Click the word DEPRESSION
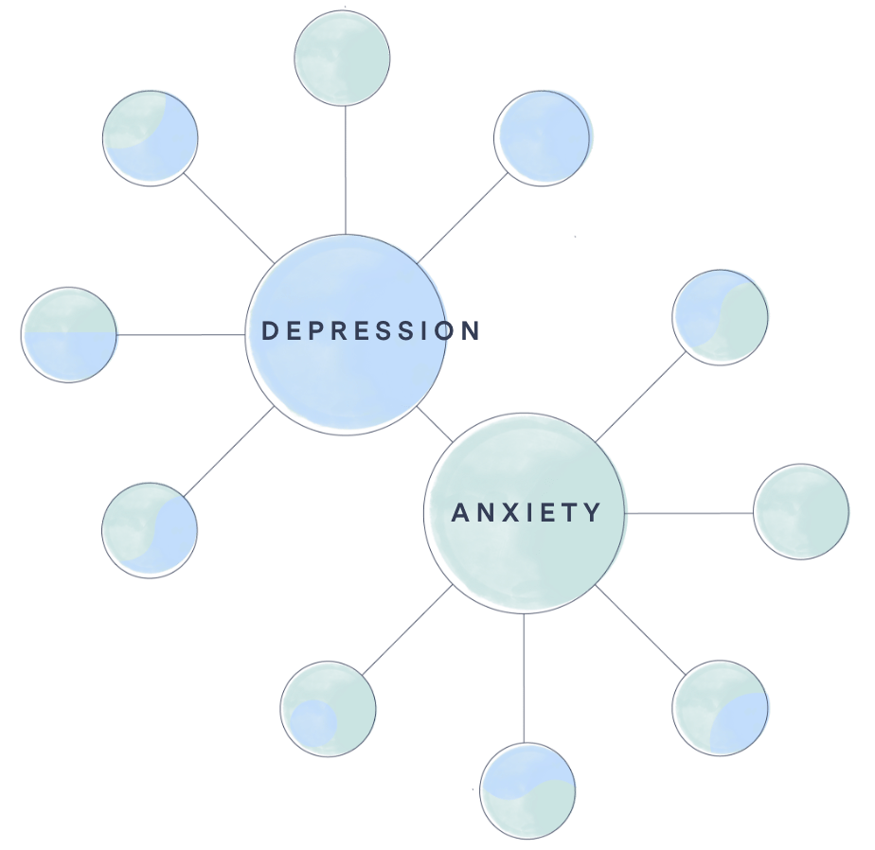[x=370, y=331]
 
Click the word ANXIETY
[x=527, y=513]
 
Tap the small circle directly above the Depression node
[x=342, y=59]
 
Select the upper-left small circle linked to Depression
[x=151, y=137]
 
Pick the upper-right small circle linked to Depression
[x=545, y=137]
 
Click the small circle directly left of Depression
[x=69, y=335]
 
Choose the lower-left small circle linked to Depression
[x=150, y=528]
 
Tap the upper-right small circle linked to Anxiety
[x=721, y=316]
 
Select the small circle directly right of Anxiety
[x=801, y=511]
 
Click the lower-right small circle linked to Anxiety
[x=722, y=708]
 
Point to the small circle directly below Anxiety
[x=527, y=790]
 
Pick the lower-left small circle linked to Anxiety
[x=329, y=709]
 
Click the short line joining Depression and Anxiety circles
[x=435, y=424]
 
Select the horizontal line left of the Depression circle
[x=180, y=335]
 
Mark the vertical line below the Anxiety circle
[x=524, y=677]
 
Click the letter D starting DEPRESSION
[x=268, y=331]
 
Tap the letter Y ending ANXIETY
[x=593, y=513]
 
